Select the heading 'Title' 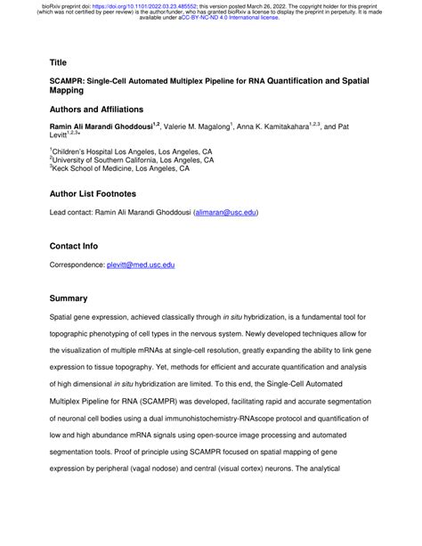click(x=58, y=63)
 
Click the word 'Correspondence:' click(x=77, y=265)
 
